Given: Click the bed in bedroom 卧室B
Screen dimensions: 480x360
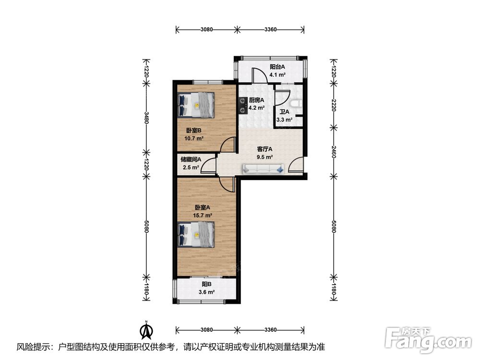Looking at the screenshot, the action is click(x=196, y=105).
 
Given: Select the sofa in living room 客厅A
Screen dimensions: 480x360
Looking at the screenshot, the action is click(x=263, y=169).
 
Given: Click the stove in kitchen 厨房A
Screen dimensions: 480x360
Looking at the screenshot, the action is click(x=243, y=106).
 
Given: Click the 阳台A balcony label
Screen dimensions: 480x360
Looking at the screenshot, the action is click(x=277, y=67).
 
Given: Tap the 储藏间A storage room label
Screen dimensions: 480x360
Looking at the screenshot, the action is click(x=191, y=159).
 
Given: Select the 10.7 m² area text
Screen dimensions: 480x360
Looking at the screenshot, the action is click(x=194, y=138).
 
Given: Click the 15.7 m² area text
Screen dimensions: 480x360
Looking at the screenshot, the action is click(x=203, y=215).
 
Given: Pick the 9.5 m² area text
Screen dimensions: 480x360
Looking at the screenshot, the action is click(x=264, y=157).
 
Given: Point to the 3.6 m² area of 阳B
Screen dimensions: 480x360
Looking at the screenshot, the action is click(x=206, y=292).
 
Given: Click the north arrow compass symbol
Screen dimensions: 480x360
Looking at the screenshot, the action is click(x=146, y=329).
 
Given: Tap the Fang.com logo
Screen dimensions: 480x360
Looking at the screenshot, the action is click(x=428, y=340).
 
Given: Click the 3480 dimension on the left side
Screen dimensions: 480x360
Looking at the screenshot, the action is click(x=146, y=118).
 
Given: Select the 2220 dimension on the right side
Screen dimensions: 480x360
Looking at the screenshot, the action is click(x=334, y=105).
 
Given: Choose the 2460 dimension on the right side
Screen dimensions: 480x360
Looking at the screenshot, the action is click(x=334, y=152).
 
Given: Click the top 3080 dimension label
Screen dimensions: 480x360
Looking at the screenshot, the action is click(x=206, y=29).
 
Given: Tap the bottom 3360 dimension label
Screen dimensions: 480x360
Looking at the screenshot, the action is click(x=270, y=330).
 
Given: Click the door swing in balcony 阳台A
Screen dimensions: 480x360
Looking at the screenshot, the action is click(x=260, y=76).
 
